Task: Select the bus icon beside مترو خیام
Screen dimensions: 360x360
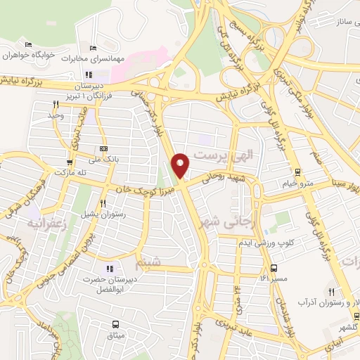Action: point(297,172)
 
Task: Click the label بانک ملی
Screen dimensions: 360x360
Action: point(103,160)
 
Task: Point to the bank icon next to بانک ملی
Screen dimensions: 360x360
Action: point(104,148)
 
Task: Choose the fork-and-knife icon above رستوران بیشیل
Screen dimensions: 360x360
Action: point(103,203)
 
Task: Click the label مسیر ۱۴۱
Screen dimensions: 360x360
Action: point(274,279)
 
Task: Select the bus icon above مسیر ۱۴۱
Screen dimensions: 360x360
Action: point(274,268)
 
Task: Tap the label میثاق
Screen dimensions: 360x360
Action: point(115,335)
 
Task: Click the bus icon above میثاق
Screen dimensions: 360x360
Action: point(115,324)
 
